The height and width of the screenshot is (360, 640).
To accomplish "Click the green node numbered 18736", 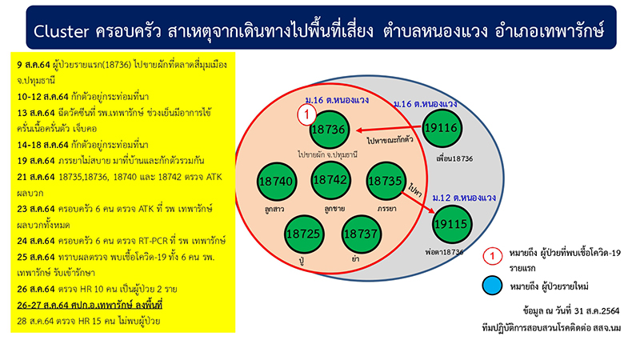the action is coord(329,130).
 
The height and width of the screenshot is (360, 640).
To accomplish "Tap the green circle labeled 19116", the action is coord(442,128).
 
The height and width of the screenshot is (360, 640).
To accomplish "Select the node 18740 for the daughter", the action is coord(277,182).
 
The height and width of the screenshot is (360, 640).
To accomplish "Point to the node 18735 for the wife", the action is coord(386,181).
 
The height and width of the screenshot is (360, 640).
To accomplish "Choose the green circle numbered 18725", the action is coord(304,234).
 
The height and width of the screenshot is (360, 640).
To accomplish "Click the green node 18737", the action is coord(362,234).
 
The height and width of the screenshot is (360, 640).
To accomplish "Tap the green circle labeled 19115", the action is coord(451,224).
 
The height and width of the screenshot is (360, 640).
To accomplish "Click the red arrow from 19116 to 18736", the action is coord(389,129).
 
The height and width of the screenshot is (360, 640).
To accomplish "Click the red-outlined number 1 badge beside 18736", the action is coord(306,114).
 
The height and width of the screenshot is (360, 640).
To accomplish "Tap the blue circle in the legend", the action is coord(492,285).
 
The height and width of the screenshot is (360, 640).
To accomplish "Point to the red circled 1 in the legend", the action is coord(492,256).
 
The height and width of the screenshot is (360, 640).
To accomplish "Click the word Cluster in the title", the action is coord(62,31).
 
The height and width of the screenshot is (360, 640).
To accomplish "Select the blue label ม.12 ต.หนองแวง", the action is coord(464,198).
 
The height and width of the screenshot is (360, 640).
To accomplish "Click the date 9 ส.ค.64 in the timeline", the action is coord(34,65).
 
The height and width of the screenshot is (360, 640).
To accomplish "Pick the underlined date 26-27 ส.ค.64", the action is coord(43,305).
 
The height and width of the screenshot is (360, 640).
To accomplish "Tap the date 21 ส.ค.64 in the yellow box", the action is coord(36,177).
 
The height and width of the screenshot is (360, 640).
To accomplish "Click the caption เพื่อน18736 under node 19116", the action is coord(454,158).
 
